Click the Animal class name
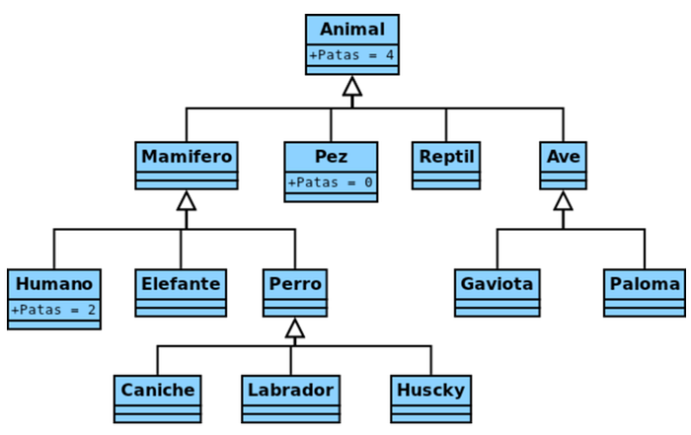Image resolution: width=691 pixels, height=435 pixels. [x=352, y=30]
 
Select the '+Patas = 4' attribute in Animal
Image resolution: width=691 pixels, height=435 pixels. [x=352, y=55]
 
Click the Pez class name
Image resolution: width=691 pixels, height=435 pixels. [x=331, y=157]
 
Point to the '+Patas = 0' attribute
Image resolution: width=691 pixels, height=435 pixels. [x=331, y=182]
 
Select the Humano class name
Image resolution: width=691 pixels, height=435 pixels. [x=54, y=284]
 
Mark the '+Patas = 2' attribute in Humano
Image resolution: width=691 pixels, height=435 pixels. [x=54, y=310]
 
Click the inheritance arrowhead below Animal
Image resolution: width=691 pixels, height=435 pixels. [x=352, y=87]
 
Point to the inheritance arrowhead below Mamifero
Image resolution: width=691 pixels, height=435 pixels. [x=187, y=201]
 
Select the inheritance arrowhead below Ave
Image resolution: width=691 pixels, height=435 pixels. [x=564, y=201]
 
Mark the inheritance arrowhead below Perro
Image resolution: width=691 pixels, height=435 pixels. [x=294, y=328]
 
